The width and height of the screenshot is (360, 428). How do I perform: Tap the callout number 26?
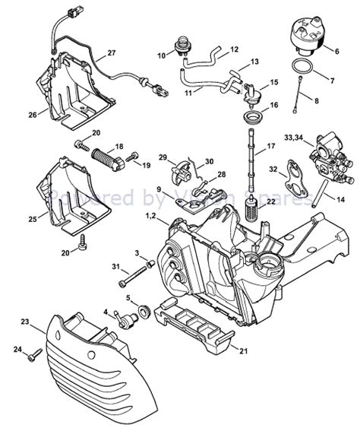[x=32, y=116]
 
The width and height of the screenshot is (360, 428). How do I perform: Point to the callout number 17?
[x=271, y=144]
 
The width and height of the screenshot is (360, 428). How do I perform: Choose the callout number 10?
[x=161, y=55]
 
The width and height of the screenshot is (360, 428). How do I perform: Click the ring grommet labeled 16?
[x=250, y=117]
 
